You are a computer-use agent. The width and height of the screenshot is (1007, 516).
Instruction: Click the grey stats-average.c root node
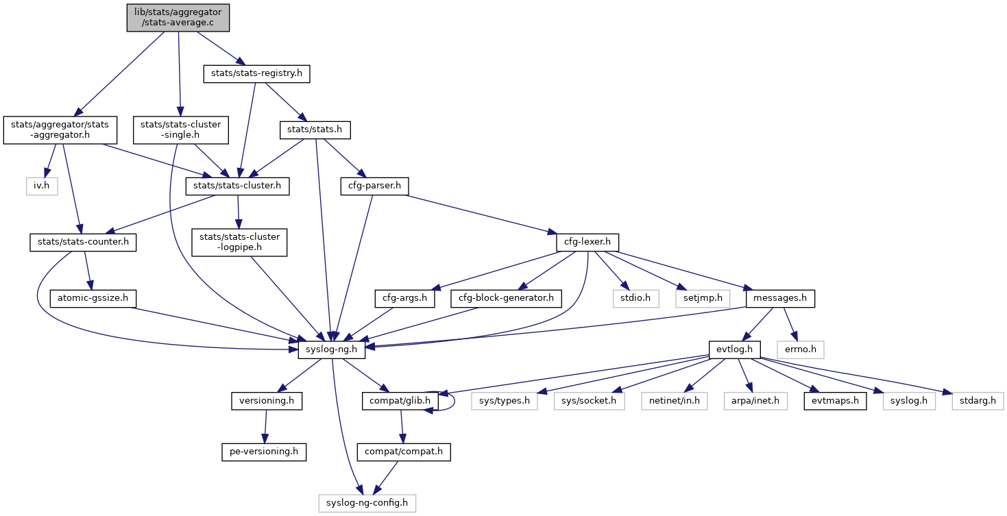point(178,18)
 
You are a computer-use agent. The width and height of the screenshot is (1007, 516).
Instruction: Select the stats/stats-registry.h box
point(256,73)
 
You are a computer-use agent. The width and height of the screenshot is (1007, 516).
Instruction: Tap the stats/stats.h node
point(315,128)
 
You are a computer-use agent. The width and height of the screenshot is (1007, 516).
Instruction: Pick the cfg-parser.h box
point(374,185)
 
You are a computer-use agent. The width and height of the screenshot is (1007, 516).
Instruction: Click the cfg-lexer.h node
point(587,242)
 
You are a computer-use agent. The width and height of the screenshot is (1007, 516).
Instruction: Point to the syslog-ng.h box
point(332,349)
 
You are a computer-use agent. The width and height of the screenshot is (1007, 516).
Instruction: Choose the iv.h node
point(43,185)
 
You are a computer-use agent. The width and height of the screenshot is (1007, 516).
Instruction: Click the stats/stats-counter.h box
point(83,242)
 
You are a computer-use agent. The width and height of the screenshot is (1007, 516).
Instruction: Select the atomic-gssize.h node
point(93,298)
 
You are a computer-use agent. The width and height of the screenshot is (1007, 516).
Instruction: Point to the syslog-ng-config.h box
point(367,503)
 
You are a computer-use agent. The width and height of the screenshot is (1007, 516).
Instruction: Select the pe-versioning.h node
point(264,452)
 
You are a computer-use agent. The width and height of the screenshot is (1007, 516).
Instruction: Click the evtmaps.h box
point(835,400)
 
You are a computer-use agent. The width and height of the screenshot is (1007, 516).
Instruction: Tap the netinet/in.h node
point(675,400)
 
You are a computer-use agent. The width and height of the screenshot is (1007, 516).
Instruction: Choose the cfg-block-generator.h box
point(507,298)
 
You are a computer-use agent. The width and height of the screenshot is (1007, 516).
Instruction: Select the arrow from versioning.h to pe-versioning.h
point(266,426)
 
